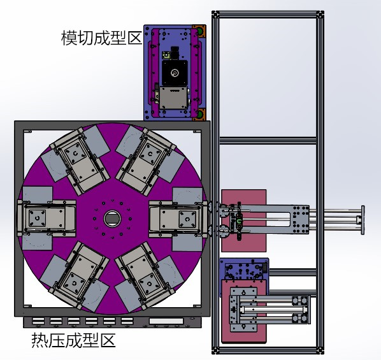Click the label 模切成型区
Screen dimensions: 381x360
(101, 38)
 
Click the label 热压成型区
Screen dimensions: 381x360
(73, 340)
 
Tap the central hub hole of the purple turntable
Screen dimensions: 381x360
(112, 218)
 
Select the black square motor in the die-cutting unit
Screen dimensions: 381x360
(175, 73)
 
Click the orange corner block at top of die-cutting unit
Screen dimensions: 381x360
(199, 31)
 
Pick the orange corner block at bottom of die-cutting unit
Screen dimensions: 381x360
(199, 115)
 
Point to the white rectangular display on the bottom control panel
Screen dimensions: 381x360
(166, 321)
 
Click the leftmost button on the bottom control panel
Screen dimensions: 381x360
(38, 321)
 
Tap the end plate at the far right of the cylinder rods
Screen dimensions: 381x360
(363, 220)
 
